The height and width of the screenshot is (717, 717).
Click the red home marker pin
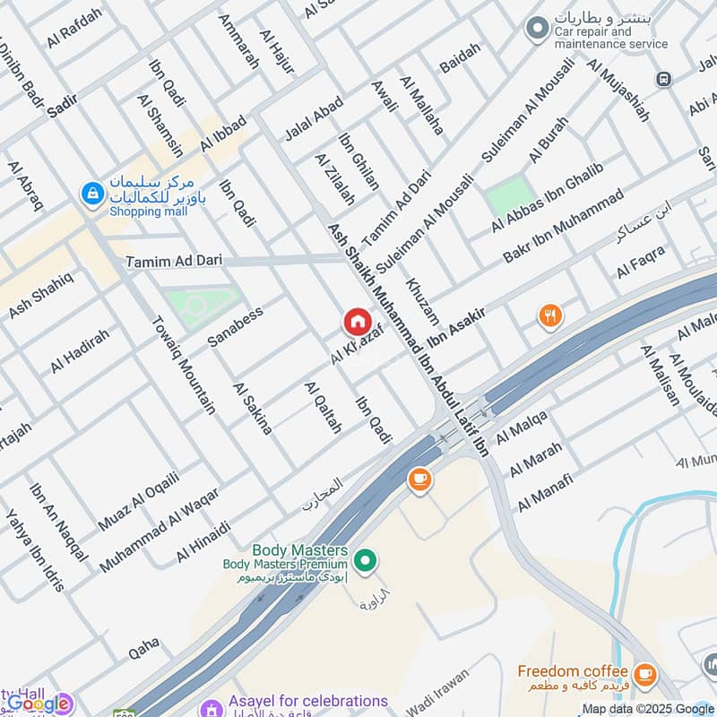click(x=356, y=321)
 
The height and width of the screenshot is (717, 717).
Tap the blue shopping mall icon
click(x=91, y=192)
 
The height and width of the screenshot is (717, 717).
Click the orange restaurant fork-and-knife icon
click(x=549, y=315)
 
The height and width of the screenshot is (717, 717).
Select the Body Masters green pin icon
click(x=364, y=562)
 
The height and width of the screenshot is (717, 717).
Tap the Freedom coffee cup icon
click(x=644, y=673)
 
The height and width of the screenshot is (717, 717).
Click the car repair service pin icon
click(x=537, y=30)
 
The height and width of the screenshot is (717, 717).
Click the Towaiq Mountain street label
click(x=183, y=365)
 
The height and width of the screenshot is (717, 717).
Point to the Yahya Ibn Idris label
click(x=36, y=551)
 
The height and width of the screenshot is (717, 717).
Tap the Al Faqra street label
click(x=641, y=261)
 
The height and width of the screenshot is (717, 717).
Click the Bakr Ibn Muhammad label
click(x=562, y=226)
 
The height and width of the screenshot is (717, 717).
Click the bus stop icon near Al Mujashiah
click(x=664, y=79)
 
